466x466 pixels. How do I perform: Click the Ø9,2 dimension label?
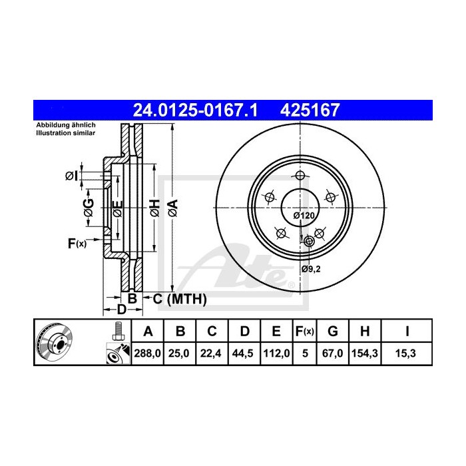(x=310, y=268)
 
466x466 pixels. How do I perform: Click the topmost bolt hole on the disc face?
(x=299, y=176)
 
